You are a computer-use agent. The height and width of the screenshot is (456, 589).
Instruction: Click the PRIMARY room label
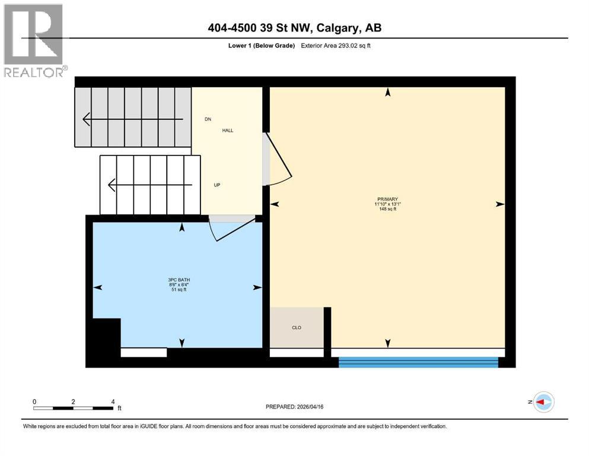(387, 199)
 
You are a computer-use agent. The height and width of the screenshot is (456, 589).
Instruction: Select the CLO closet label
(297, 327)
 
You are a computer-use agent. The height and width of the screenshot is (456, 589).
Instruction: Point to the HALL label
(228, 130)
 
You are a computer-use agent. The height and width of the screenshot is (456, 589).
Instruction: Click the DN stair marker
(208, 119)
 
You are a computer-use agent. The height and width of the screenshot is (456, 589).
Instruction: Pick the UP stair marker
(217, 185)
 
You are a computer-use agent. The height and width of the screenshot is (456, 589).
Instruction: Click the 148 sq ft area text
(387, 209)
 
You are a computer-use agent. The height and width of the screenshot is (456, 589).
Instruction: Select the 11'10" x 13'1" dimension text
(387, 204)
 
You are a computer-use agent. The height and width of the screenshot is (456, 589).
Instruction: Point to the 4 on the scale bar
(113, 401)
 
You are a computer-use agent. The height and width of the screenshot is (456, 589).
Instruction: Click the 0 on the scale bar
(34, 401)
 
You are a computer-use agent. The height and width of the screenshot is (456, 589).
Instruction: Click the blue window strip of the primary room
(418, 362)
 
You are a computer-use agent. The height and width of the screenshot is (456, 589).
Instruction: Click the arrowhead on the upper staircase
(87, 119)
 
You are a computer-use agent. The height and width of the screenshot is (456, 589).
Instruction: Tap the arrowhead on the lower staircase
(112, 185)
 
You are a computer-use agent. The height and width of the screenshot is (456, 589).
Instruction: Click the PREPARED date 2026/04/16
(295, 407)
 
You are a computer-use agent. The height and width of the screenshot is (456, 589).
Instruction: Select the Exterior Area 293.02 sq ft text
(336, 46)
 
